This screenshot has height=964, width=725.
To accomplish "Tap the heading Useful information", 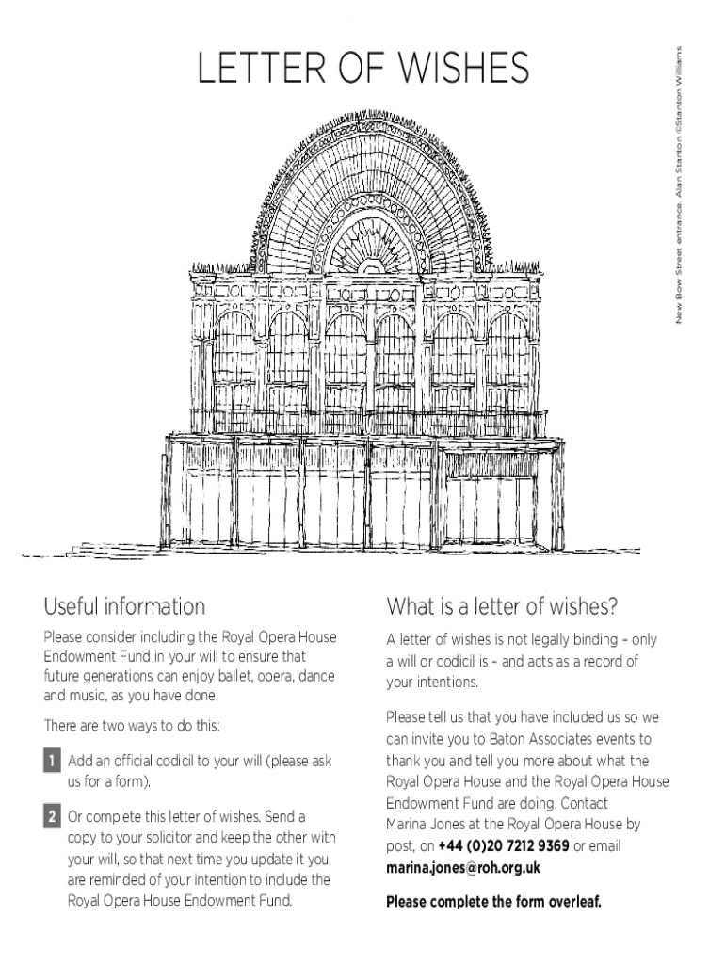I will point(124,606).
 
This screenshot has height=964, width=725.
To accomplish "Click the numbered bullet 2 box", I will point(52,815).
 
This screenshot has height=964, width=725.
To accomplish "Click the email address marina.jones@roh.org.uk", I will point(462,867).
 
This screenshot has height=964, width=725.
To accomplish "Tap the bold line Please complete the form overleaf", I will point(493,902).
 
